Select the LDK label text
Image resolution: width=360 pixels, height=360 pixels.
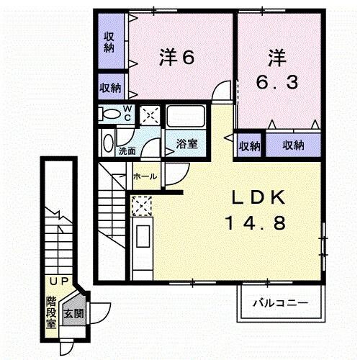[260, 197]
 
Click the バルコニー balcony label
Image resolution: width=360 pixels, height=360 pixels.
[280, 303]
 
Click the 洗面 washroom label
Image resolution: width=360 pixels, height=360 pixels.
[127, 151]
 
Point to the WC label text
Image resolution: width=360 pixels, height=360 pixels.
[127, 113]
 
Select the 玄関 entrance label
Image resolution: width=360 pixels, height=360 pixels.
[72, 313]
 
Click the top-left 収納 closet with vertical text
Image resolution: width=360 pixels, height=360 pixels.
[109, 42]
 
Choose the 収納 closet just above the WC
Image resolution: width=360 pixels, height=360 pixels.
[110, 88]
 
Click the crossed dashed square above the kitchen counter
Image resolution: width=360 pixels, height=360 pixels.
[141, 207]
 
